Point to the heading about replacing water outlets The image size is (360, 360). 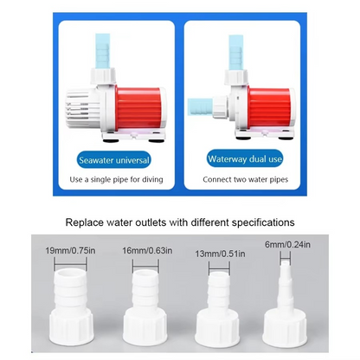point(180,222)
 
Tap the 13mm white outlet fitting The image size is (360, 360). point(217,313)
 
